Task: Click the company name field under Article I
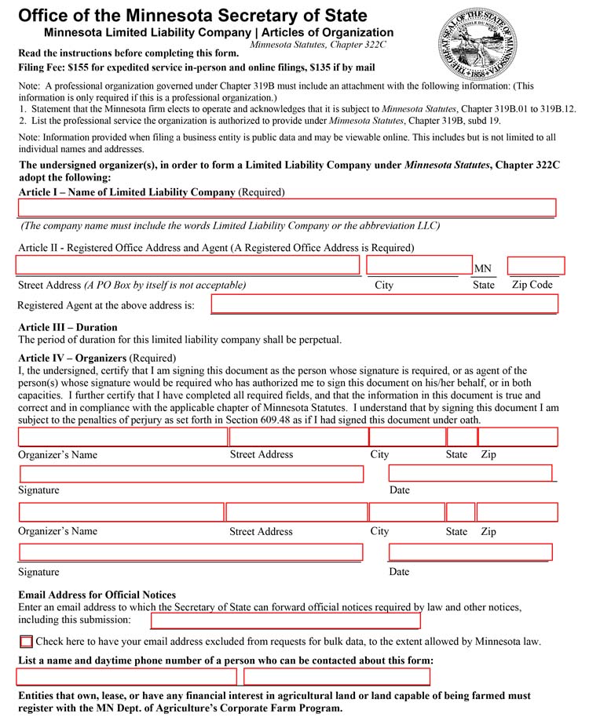click(287, 207)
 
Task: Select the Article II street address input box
click(188, 265)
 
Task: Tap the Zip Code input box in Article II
click(536, 265)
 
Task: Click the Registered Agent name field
click(384, 304)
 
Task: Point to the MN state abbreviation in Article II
click(482, 269)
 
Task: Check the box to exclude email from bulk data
click(26, 641)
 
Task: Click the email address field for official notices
click(285, 621)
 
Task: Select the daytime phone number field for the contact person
click(337, 676)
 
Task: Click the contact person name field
click(126, 676)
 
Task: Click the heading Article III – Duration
click(68, 327)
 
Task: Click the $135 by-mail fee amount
click(325, 67)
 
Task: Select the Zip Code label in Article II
click(532, 285)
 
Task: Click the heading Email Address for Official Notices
click(97, 595)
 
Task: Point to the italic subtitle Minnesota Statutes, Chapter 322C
click(317, 45)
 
